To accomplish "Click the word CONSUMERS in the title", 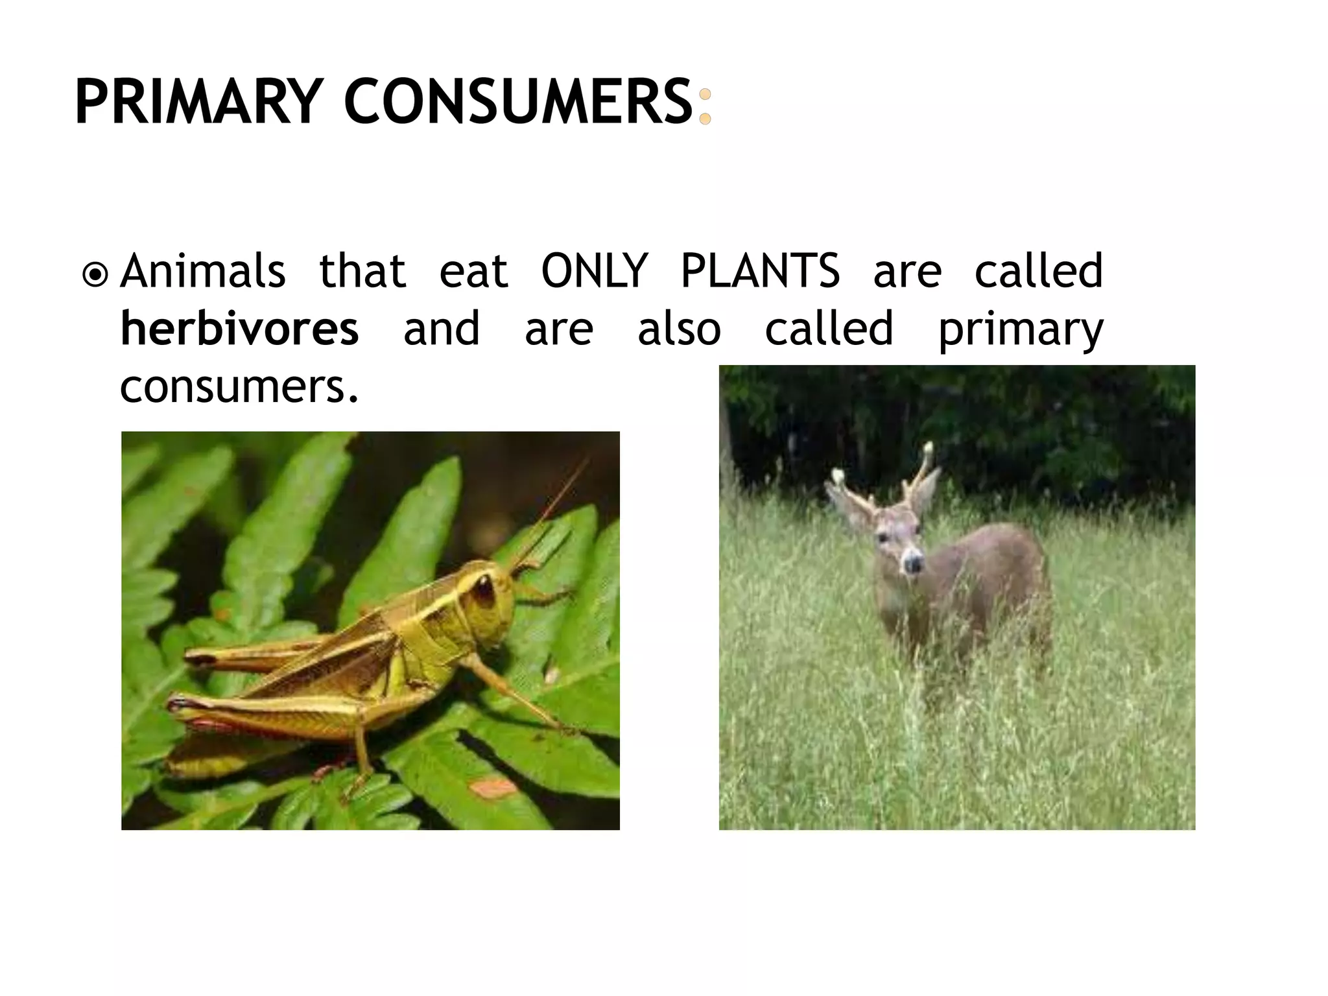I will click(x=518, y=102).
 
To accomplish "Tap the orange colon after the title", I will click(x=705, y=107).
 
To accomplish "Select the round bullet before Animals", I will click(x=96, y=274).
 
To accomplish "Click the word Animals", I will click(x=203, y=270).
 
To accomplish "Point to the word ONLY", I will click(x=594, y=270).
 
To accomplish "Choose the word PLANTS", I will click(x=760, y=270).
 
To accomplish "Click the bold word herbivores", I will click(x=240, y=329).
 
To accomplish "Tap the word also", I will click(x=679, y=329).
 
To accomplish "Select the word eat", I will click(x=473, y=272).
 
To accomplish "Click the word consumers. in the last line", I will click(x=239, y=387).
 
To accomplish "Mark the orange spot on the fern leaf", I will click(x=493, y=788).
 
